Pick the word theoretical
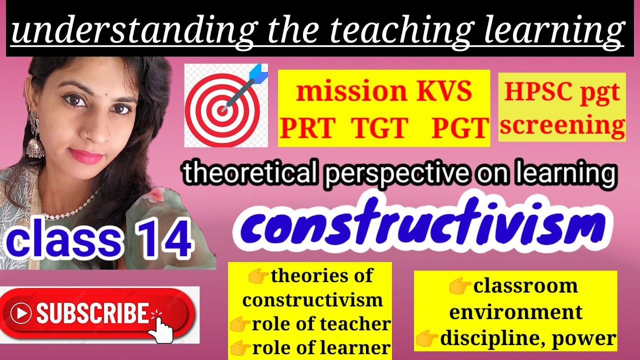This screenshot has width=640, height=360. tap(249, 174)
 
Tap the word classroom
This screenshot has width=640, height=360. tap(525, 286)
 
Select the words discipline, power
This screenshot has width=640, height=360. tap(527, 339)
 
